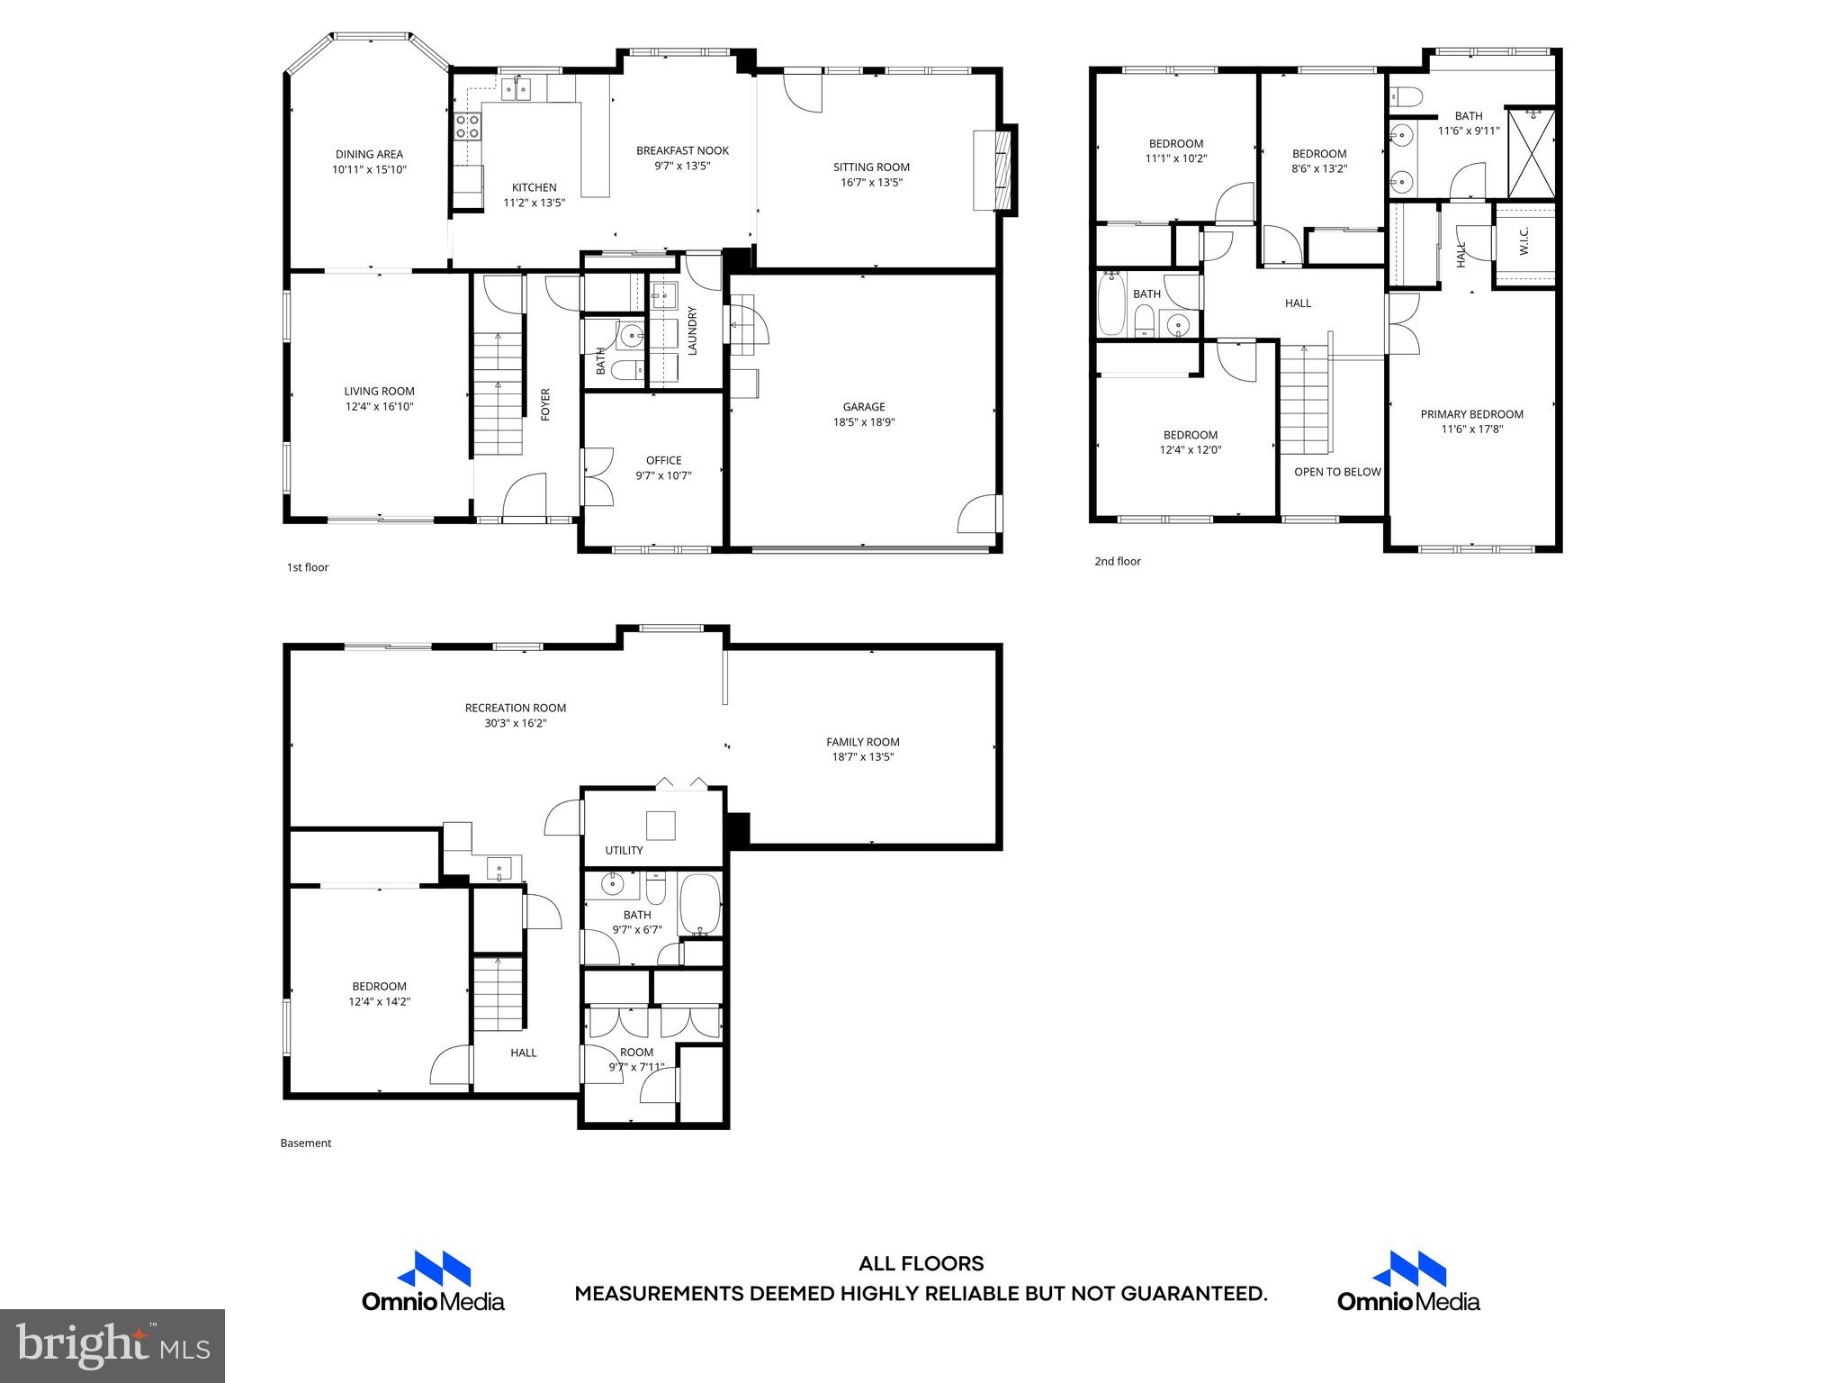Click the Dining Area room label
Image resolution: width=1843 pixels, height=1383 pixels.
(369, 154)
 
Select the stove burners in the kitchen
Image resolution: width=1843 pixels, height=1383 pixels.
(467, 125)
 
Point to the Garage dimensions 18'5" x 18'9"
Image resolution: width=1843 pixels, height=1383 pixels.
(864, 421)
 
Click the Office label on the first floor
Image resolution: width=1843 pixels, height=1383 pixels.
(663, 460)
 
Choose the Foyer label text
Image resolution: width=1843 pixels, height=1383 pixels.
(545, 404)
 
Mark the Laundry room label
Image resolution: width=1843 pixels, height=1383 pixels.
(693, 331)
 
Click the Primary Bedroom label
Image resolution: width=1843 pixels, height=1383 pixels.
(1471, 414)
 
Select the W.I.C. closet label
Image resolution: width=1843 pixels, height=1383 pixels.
(1524, 241)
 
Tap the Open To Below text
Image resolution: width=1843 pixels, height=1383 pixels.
(1337, 472)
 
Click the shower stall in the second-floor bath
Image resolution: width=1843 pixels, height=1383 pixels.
(1532, 153)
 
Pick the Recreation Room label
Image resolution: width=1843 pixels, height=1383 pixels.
(516, 708)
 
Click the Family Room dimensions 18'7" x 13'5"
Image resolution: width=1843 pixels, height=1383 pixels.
(862, 757)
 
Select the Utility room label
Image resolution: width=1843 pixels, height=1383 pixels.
(624, 850)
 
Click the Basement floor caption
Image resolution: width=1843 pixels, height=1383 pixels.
(306, 1143)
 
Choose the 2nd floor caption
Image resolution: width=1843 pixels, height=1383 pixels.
(1117, 561)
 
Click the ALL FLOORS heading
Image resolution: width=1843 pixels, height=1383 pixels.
(921, 1264)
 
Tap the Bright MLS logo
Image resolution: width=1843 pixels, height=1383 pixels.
(112, 1345)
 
